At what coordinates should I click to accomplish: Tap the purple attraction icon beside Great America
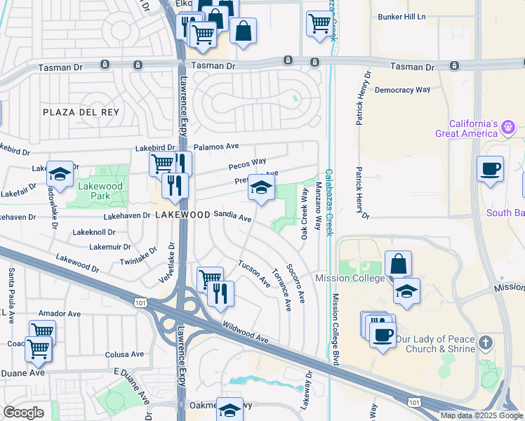[x=509, y=128]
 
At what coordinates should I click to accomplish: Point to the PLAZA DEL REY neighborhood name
[x=81, y=112]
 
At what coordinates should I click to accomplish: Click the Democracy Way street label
[x=402, y=90]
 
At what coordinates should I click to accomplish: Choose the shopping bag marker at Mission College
[x=398, y=265]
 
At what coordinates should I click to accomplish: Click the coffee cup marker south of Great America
[x=490, y=169]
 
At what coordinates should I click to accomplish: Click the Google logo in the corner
[x=23, y=413]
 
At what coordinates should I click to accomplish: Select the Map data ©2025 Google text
[x=481, y=415]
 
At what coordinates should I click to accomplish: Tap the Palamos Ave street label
[x=217, y=147]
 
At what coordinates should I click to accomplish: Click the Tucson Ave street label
[x=254, y=274]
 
